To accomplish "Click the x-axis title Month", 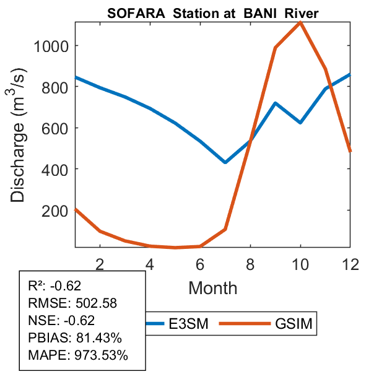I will pyautogui.click(x=212, y=287).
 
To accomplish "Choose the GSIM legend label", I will pyautogui.click(x=293, y=323).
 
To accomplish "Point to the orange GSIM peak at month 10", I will pyautogui.click(x=300, y=22).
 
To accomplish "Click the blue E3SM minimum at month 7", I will pyautogui.click(x=225, y=162).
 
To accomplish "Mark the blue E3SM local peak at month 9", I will pyautogui.click(x=275, y=103).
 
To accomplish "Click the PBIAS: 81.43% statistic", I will pyautogui.click(x=76, y=338).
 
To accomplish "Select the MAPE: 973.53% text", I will pyautogui.click(x=78, y=355).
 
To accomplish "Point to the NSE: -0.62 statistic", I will pyautogui.click(x=64, y=321).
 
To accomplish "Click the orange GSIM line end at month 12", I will pyautogui.click(x=350, y=150).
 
